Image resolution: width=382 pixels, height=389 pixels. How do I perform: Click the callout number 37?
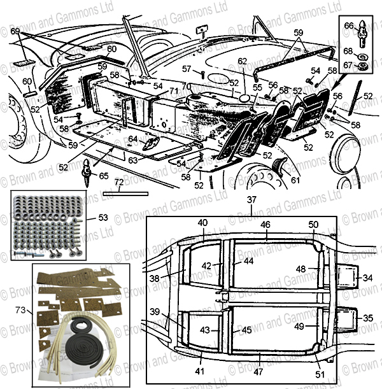pyautogui.click(x=253, y=200)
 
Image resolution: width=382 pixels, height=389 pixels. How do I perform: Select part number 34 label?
pyautogui.click(x=369, y=278)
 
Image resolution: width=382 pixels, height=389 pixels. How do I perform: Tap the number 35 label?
pyautogui.click(x=369, y=318)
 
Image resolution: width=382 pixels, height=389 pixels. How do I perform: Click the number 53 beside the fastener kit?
pyautogui.click(x=103, y=218)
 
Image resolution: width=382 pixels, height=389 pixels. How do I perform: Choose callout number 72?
pyautogui.click(x=119, y=183)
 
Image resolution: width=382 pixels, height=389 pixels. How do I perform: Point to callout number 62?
pyautogui.click(x=242, y=61)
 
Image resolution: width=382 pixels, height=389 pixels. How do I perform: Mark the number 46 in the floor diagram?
pyautogui.click(x=265, y=225)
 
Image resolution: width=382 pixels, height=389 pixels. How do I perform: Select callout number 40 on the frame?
pyautogui.click(x=202, y=223)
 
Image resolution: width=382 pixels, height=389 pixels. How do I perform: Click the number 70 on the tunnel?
pyautogui.click(x=185, y=86)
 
